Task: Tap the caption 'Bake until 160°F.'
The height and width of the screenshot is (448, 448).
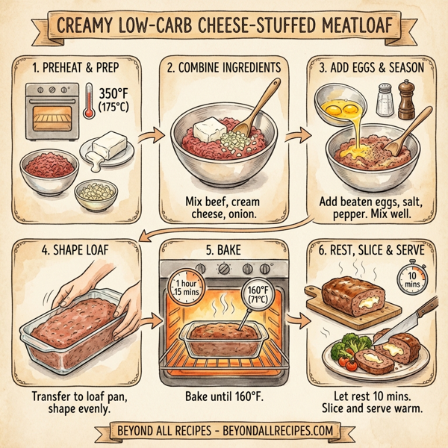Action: pyautogui.click(x=225, y=396)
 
